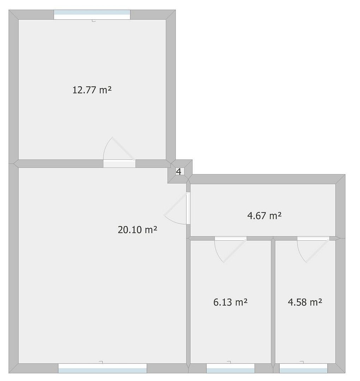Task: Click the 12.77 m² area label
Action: coord(92,90)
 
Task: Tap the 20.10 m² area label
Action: coord(137,230)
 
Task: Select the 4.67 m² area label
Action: coord(264,216)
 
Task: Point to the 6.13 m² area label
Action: coord(230,302)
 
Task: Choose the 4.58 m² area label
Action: coord(305,302)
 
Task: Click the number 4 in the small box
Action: coord(179,172)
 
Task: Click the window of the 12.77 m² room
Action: coord(92,15)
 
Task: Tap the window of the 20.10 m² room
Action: coord(102,368)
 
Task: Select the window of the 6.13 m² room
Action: coord(230,368)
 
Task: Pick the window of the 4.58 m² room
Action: coord(304,368)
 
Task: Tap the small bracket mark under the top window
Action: coord(94,21)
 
